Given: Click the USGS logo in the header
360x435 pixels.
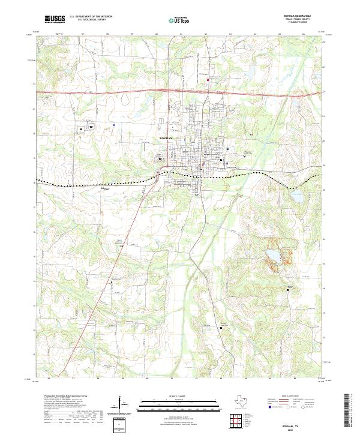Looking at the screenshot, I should coord(55,19).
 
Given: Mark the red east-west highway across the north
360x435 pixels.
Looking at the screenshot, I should coord(120,92).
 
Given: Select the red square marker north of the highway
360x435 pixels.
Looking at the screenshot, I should coord(208,80).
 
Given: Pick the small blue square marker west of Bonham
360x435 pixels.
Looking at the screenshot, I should coord(114,125).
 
